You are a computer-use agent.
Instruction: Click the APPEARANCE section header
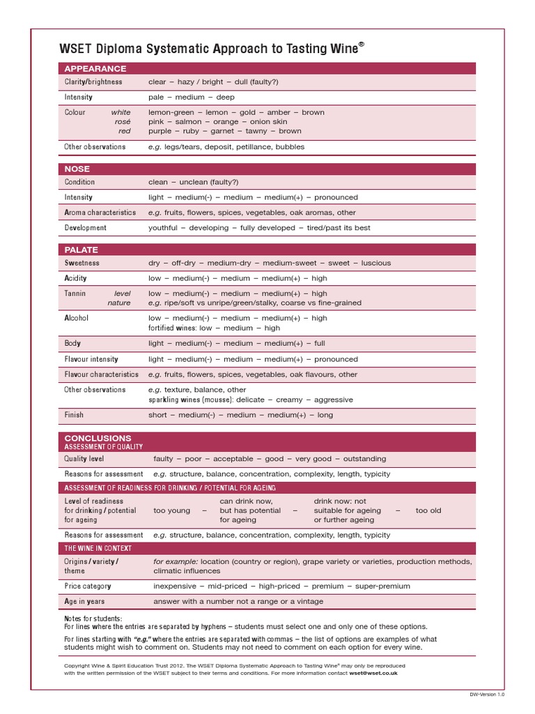(x=95, y=68)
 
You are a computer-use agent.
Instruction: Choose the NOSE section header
(x=77, y=169)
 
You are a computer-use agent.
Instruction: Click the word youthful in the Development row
(x=164, y=228)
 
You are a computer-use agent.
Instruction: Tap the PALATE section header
(x=82, y=250)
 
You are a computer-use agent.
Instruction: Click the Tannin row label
(x=76, y=294)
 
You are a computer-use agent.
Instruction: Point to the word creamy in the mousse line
(x=290, y=400)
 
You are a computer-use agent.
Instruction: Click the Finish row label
(x=74, y=415)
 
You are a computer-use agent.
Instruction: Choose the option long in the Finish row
(x=325, y=415)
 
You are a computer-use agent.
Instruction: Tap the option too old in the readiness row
(x=428, y=510)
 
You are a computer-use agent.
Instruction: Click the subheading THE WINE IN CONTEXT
(x=98, y=549)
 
